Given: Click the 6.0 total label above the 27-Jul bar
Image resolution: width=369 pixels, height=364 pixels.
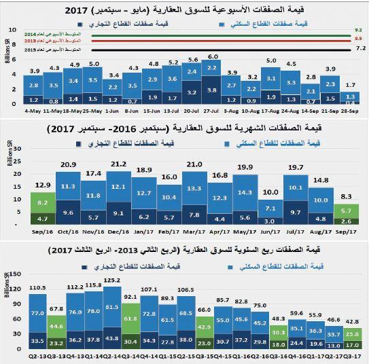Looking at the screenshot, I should coord(213,57).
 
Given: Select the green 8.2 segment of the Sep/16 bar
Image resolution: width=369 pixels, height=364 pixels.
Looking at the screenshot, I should coord(42,202).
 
